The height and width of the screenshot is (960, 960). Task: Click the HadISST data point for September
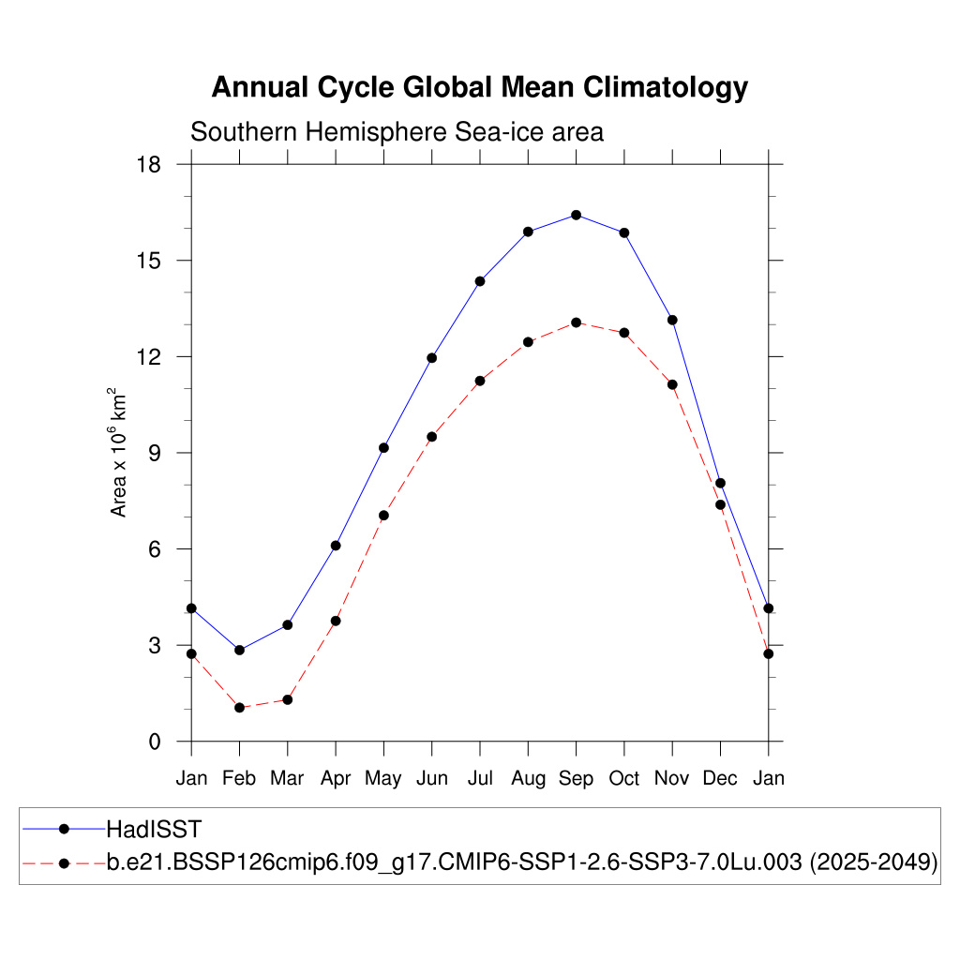point(576,215)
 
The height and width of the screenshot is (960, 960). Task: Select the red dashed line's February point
point(239,707)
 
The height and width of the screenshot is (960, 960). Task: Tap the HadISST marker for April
point(336,546)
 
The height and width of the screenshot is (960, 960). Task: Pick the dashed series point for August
point(528,342)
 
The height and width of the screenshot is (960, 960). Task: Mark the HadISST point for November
point(672,320)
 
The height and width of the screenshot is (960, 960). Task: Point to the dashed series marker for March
point(288,699)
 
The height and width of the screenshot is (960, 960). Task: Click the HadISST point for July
point(480,281)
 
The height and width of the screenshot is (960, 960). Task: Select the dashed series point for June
point(431,437)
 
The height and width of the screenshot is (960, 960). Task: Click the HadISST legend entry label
point(154,829)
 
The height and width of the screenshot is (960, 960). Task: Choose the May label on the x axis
point(383,779)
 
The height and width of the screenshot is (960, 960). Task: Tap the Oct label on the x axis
point(624,779)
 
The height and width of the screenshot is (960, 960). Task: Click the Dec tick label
point(720,779)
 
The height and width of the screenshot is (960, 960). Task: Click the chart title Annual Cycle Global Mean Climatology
point(480,87)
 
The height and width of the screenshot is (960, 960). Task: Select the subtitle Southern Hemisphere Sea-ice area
point(397,132)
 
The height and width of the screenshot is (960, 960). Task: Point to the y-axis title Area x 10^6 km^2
point(120,452)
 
